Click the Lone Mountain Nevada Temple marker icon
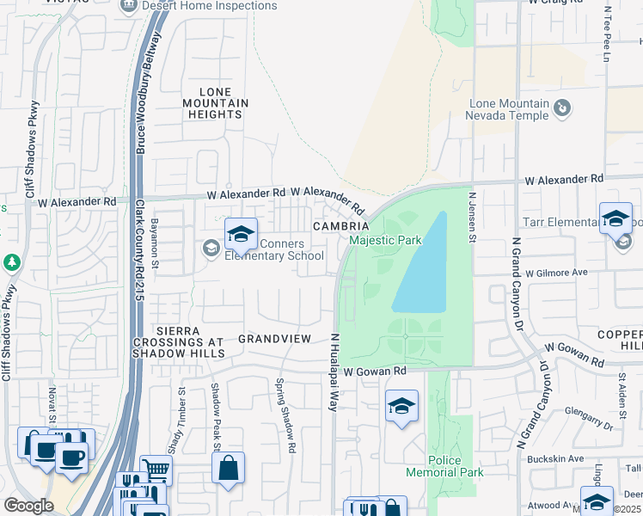(x=561, y=107)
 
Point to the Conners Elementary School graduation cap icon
(x=241, y=233)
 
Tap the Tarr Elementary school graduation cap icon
(x=616, y=218)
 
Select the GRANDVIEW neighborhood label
(x=274, y=339)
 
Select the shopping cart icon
(x=156, y=470)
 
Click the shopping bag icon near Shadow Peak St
(x=228, y=469)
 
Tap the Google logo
(x=28, y=506)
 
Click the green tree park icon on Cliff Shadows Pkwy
(x=11, y=261)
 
